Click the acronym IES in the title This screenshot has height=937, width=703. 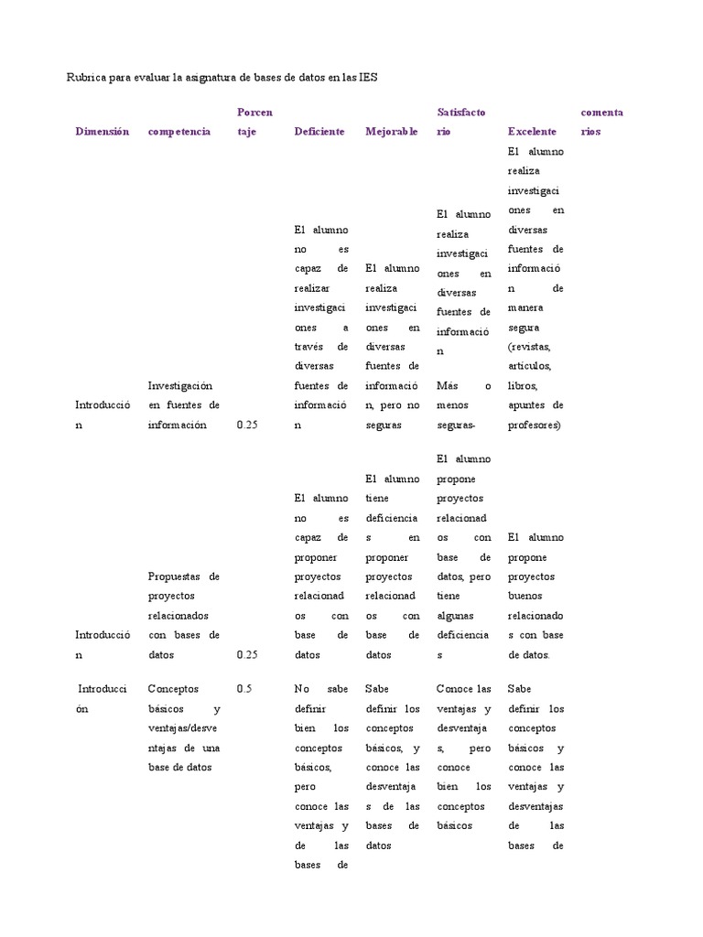pyautogui.click(x=367, y=79)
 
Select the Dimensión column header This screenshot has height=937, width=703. pyautogui.click(x=103, y=132)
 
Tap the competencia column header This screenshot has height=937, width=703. pyautogui.click(x=179, y=132)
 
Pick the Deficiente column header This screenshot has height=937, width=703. pyautogui.click(x=319, y=132)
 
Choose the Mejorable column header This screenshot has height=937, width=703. pyautogui.click(x=392, y=132)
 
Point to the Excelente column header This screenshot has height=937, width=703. pyautogui.click(x=532, y=132)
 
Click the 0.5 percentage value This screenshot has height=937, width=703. pyautogui.click(x=244, y=689)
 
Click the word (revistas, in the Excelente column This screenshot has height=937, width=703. pyautogui.click(x=530, y=347)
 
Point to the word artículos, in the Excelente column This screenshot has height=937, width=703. pyautogui.click(x=530, y=366)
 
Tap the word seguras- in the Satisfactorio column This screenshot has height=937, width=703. pyautogui.click(x=457, y=425)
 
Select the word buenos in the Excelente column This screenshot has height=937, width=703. pyautogui.click(x=525, y=596)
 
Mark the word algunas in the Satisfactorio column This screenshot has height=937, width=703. pyautogui.click(x=455, y=615)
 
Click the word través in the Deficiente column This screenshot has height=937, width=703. pyautogui.click(x=309, y=347)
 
